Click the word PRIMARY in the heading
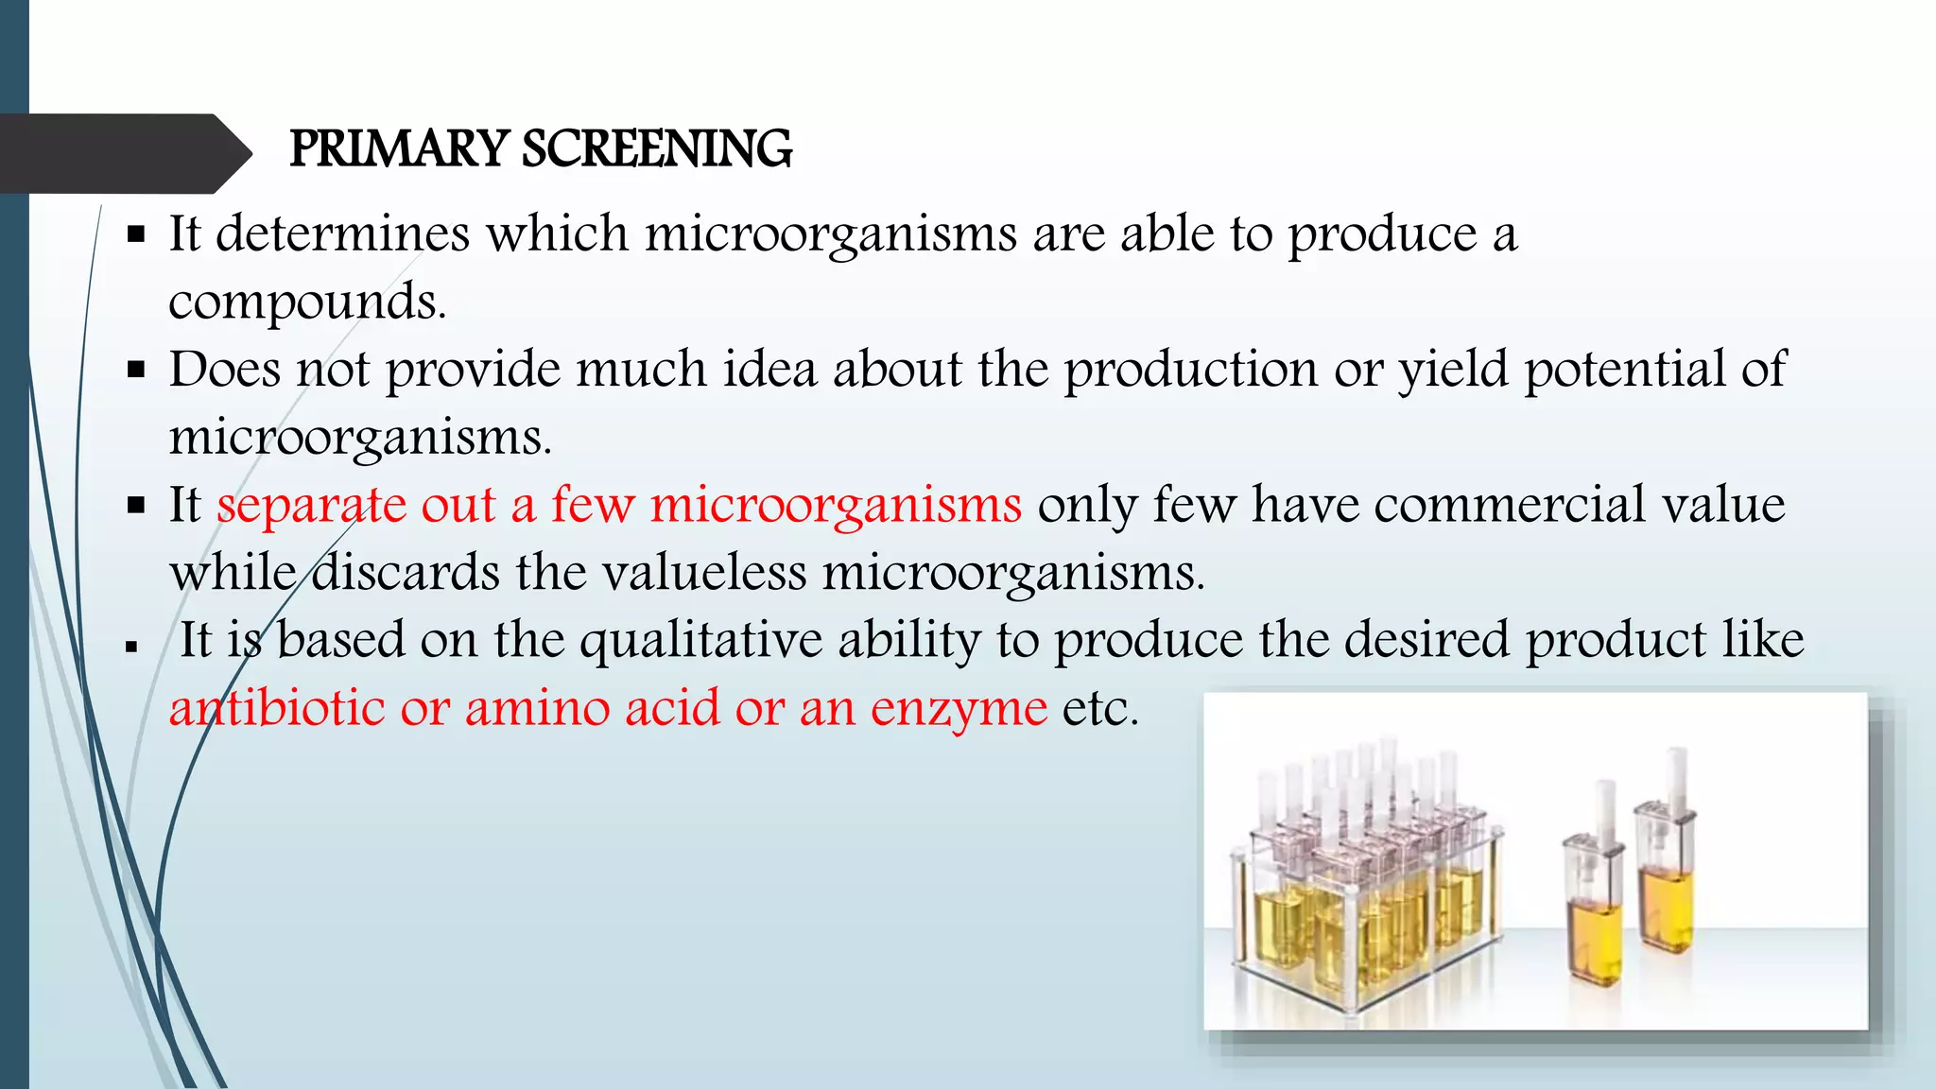tap(399, 149)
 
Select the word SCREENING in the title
tap(657, 149)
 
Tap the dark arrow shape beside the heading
tap(123, 153)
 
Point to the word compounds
tap(306, 302)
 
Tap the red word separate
tap(310, 505)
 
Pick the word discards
tap(406, 573)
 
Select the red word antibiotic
tap(277, 709)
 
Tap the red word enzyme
tap(959, 709)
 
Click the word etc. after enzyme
tap(1100, 709)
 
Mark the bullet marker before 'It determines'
tap(136, 233)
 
